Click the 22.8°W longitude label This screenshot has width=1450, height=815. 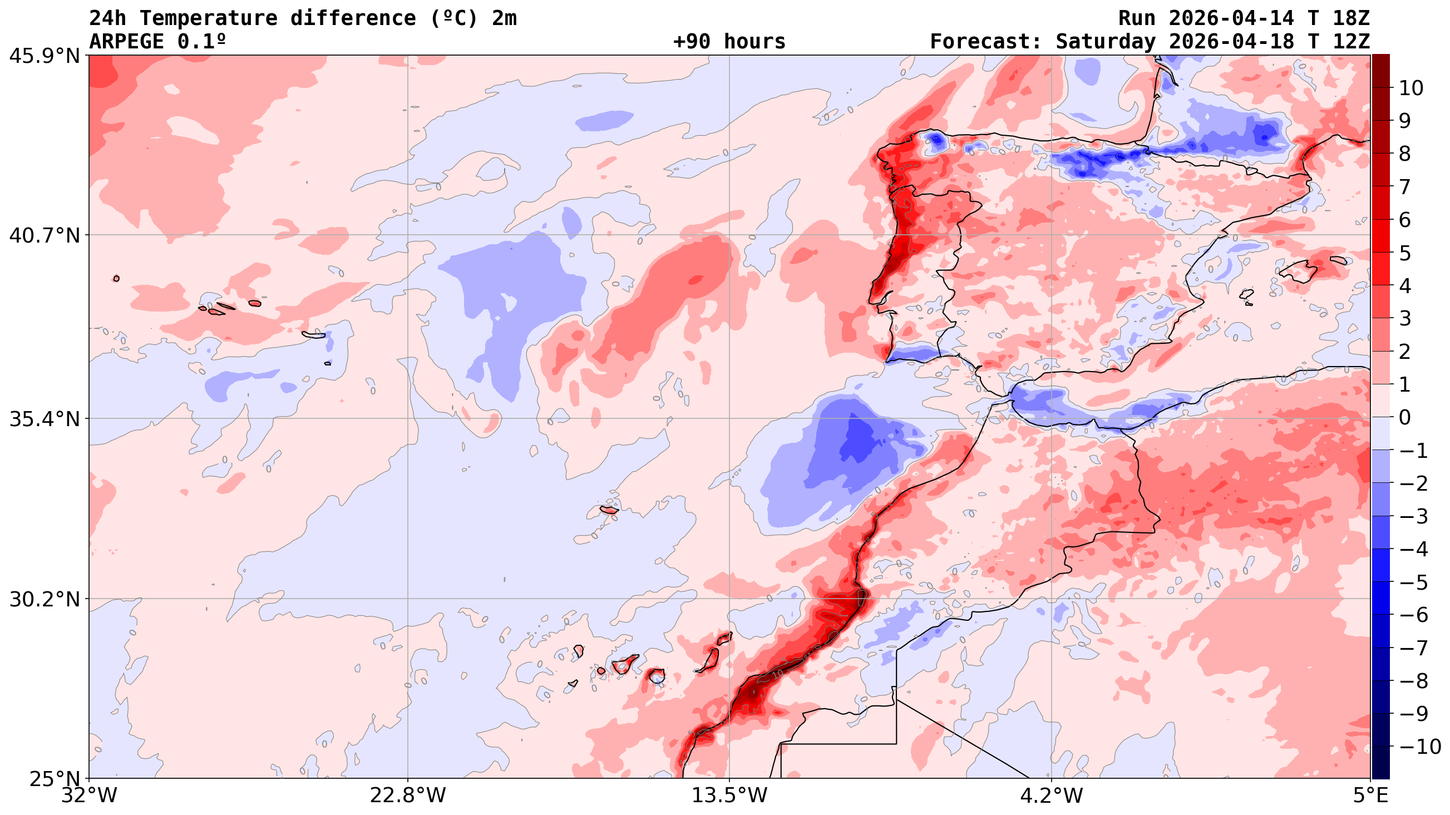(408, 796)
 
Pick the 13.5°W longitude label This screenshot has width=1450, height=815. (729, 796)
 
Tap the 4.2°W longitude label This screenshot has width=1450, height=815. (1052, 796)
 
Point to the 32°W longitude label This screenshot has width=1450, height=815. (90, 796)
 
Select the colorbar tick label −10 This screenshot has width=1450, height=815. (1419, 747)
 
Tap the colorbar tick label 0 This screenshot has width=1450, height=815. (1405, 418)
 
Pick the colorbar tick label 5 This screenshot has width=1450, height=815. (1405, 253)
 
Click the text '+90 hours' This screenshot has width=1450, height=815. (729, 42)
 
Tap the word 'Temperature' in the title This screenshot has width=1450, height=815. (208, 18)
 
